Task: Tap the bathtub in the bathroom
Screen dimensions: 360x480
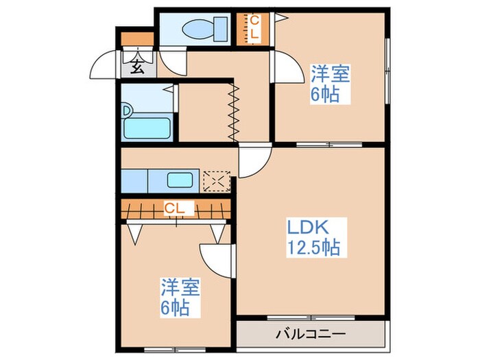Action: point(148,128)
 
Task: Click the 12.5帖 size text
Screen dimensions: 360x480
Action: point(314,248)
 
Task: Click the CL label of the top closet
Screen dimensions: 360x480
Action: point(253,28)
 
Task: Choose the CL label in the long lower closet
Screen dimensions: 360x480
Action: point(173,206)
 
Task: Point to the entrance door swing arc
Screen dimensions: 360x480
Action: point(101,65)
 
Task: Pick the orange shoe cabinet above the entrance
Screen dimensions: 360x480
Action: point(137,39)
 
